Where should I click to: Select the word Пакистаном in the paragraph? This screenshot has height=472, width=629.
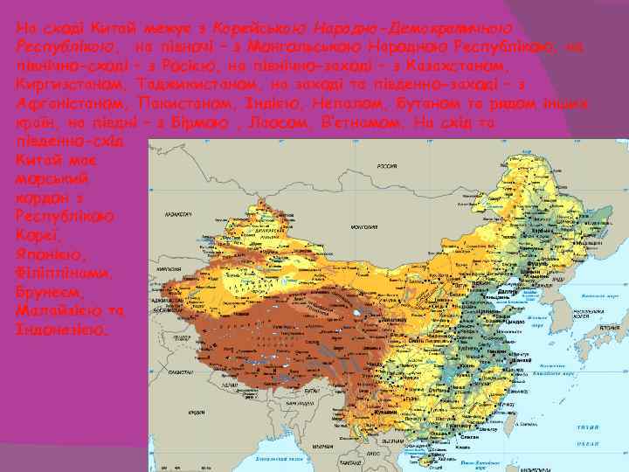click(x=183, y=104)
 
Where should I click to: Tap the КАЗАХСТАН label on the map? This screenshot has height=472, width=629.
click(x=178, y=212)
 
